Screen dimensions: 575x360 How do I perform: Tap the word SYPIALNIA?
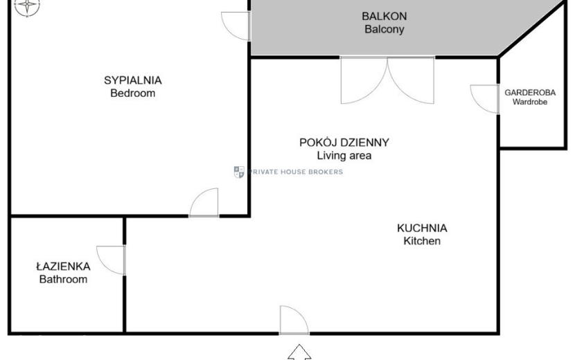coord(133,80)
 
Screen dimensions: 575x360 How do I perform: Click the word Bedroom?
coord(133,93)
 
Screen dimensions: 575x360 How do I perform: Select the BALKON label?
coord(384,16)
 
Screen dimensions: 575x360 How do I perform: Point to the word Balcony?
coord(384,29)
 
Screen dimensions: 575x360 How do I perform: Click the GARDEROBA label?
coord(530,92)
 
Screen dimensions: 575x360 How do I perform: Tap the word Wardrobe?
coord(530,102)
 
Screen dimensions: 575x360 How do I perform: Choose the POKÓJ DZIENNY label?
coord(344,142)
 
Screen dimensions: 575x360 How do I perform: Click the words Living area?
coord(344,156)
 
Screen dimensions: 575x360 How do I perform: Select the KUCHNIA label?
coord(422,228)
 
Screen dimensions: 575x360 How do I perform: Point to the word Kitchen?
coord(422,241)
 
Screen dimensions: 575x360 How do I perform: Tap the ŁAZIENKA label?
coord(64,266)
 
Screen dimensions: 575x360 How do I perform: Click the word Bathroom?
coord(64,280)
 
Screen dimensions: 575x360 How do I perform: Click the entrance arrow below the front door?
coord(299,352)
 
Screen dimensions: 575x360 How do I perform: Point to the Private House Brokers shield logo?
coord(239,172)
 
